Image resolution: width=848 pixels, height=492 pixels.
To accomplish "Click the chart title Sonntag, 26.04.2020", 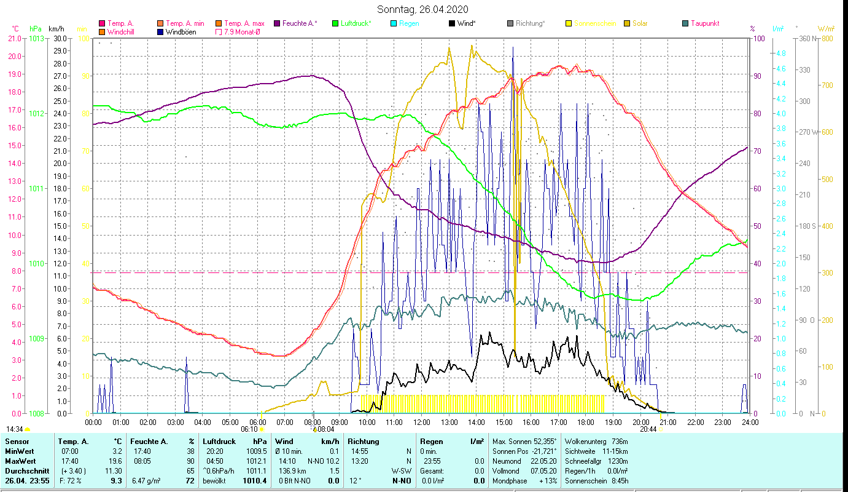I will click(x=423, y=9).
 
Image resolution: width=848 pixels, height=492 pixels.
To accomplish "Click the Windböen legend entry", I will click(x=181, y=32).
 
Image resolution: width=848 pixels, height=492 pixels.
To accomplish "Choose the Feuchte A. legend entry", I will click(x=300, y=23).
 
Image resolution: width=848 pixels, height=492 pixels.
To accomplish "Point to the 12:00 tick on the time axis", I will click(x=421, y=423).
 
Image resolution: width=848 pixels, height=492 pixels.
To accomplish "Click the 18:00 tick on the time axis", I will click(x=586, y=423).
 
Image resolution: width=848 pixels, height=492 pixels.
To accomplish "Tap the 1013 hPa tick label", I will click(x=37, y=39).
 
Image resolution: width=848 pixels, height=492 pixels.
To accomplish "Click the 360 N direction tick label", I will click(x=806, y=39).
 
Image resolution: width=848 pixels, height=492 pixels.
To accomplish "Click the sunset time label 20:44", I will click(x=648, y=429).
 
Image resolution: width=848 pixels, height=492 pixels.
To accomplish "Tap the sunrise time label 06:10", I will click(x=249, y=429).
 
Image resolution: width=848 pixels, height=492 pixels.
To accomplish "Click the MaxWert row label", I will click(x=19, y=461).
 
